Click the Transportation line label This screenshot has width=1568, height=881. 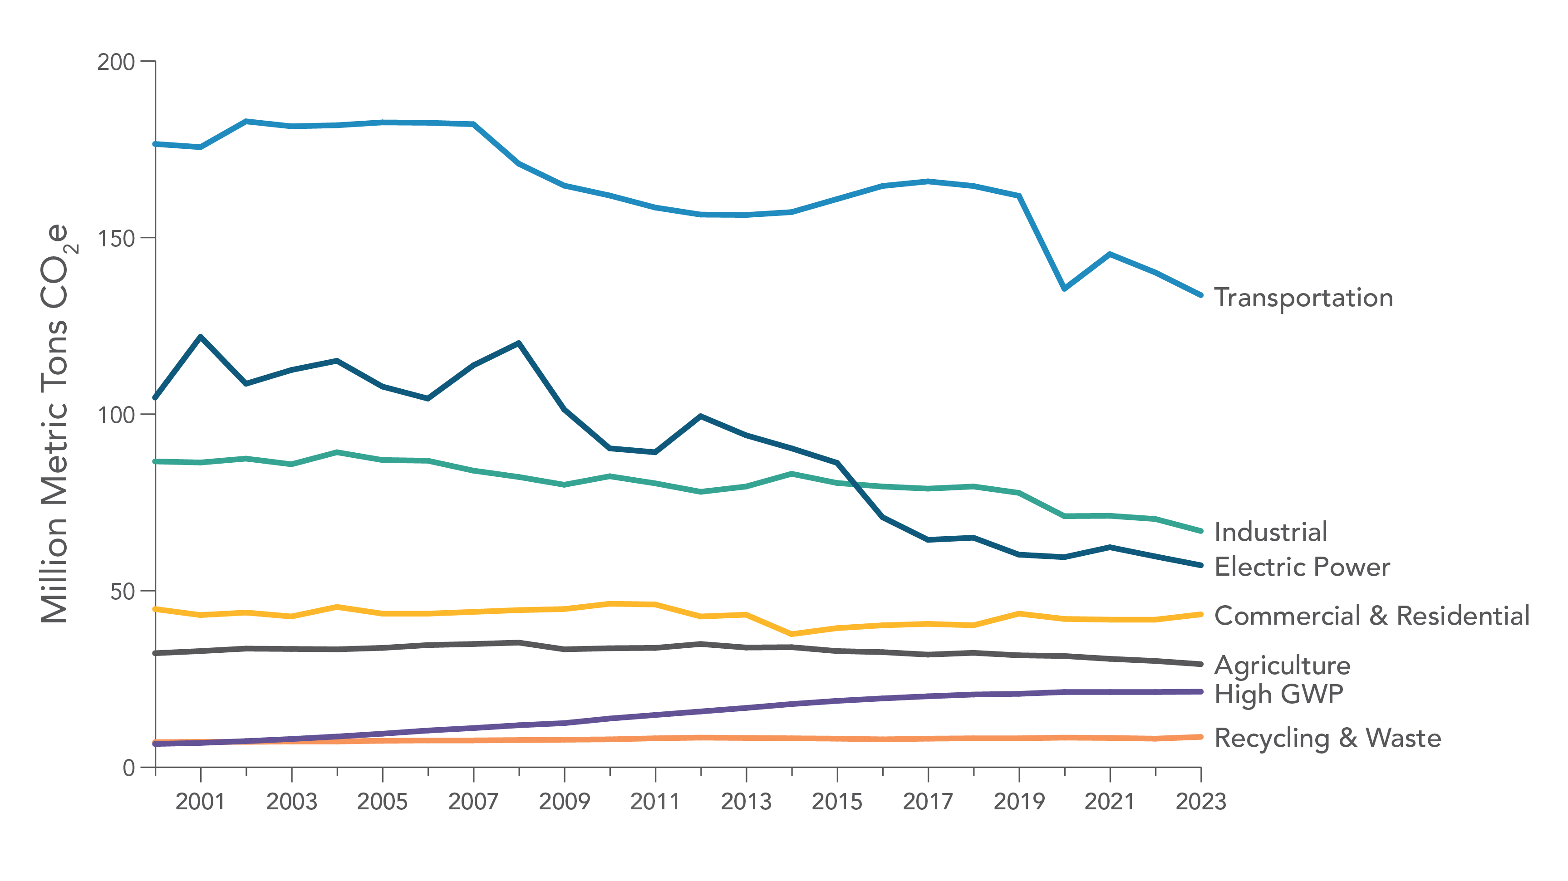click(1303, 298)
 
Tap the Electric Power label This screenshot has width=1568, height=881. click(1302, 567)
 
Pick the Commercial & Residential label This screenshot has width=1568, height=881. click(1371, 616)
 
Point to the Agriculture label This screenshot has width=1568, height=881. click(1282, 666)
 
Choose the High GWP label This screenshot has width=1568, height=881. click(1278, 694)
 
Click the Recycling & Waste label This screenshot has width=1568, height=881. click(1327, 738)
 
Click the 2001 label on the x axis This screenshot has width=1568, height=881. click(200, 802)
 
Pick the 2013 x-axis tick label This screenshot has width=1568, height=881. click(746, 802)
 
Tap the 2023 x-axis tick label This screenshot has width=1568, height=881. click(1200, 802)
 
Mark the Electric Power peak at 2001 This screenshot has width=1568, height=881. click(200, 337)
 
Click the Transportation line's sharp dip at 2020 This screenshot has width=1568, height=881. click(1064, 289)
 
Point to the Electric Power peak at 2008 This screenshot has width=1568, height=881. click(519, 343)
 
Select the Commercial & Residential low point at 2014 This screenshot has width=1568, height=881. click(791, 634)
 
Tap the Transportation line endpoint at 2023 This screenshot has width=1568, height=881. click(1200, 295)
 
